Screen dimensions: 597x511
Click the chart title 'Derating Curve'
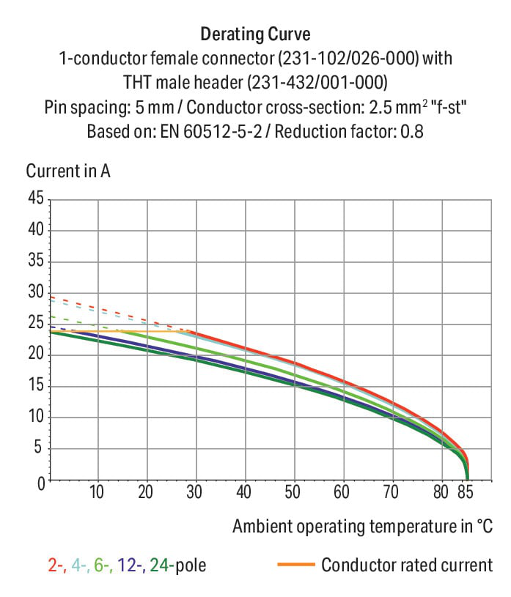(x=255, y=34)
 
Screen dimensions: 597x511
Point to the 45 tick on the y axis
(x=36, y=199)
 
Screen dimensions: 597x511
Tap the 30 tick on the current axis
(x=36, y=293)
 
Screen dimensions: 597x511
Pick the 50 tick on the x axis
(x=293, y=493)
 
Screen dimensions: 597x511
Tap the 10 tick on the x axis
(x=98, y=493)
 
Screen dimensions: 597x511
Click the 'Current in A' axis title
(x=68, y=171)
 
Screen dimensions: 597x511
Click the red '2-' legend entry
(x=54, y=565)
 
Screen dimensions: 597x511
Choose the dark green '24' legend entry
(x=160, y=565)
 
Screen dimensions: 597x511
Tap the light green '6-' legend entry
(x=101, y=565)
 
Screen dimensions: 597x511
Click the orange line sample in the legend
(x=295, y=565)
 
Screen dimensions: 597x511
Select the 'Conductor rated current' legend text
(x=407, y=565)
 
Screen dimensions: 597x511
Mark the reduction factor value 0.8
(x=413, y=133)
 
